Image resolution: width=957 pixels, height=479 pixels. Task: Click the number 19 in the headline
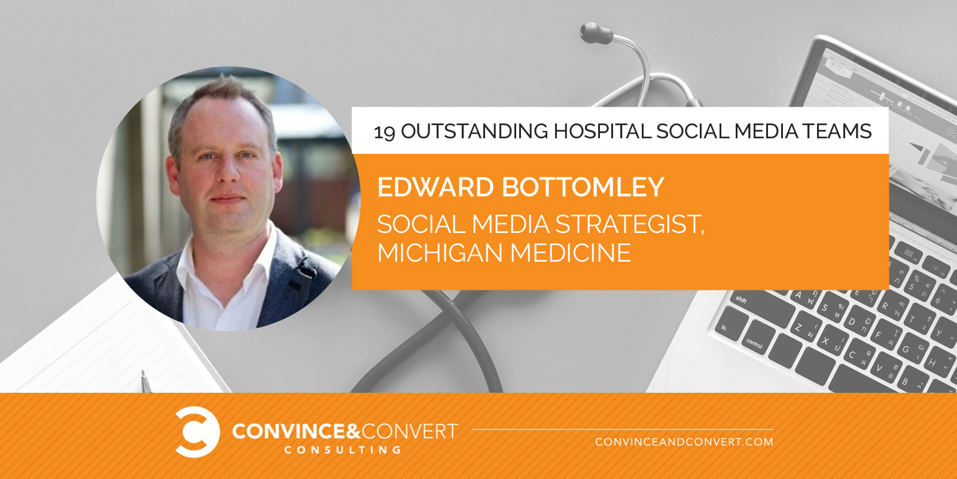[385, 132]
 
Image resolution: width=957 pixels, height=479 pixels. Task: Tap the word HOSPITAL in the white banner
[602, 131]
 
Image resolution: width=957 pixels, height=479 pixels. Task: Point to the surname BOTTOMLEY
[583, 187]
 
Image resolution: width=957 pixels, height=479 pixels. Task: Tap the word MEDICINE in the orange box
[571, 252]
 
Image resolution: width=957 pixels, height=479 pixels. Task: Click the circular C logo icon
[197, 432]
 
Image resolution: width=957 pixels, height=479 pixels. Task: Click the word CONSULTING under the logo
[343, 450]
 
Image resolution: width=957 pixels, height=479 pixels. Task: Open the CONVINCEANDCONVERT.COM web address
[684, 442]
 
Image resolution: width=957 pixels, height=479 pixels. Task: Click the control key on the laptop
[754, 344]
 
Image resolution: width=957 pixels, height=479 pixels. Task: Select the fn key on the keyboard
[726, 328]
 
